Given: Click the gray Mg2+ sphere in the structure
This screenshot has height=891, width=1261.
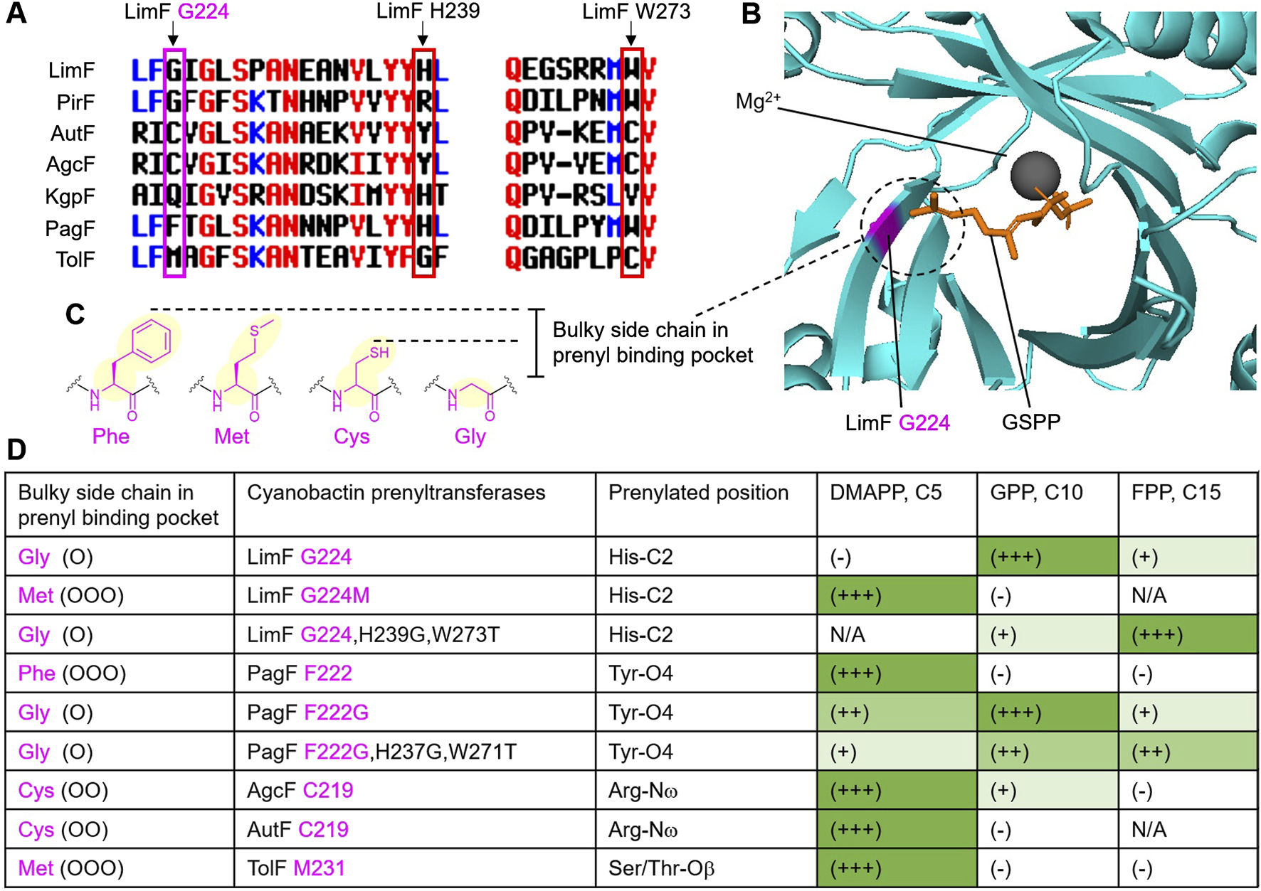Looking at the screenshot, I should [1035, 175].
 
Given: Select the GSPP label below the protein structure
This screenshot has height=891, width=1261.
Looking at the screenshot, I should [1030, 422].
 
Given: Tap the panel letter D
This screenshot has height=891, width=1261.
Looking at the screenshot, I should [16, 449].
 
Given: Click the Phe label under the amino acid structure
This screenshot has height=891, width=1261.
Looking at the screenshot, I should [111, 436].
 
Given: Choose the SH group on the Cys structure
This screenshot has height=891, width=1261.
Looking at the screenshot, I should [379, 352].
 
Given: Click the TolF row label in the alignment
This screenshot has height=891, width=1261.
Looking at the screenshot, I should [75, 260].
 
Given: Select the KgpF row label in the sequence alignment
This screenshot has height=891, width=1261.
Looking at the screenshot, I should [70, 196].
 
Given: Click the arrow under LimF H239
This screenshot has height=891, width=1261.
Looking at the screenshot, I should [423, 36].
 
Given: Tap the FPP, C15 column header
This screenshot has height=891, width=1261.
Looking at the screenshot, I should [1176, 492].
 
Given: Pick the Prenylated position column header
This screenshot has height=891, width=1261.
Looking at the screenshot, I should [698, 492].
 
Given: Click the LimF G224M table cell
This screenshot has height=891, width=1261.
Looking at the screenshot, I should [308, 595].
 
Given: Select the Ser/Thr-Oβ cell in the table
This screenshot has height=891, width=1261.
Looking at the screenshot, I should [661, 868].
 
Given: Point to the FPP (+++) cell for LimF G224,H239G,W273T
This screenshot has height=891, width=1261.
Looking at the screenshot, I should [1157, 634].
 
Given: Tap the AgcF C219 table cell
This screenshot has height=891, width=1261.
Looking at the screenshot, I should [300, 790].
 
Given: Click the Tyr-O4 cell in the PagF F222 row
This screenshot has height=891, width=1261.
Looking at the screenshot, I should [640, 673].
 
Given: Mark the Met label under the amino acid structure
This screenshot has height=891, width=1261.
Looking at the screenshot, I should [232, 436].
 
